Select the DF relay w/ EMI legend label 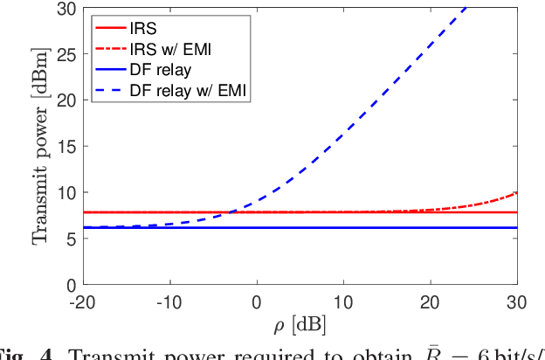tap(188, 90)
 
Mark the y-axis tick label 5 tap(68, 239)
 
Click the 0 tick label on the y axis tap(68, 285)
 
